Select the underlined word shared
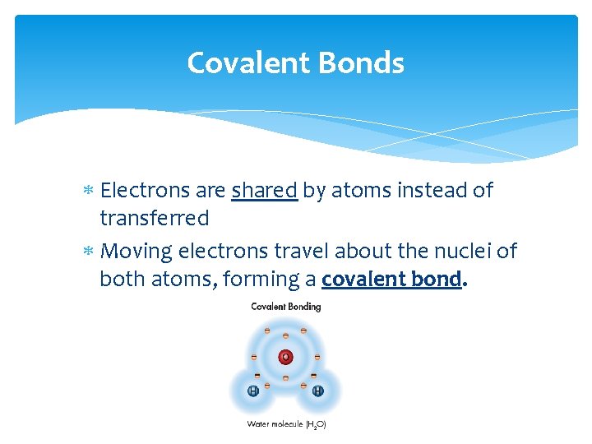[x=264, y=191]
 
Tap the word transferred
[x=154, y=219]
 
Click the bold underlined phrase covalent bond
[x=391, y=280]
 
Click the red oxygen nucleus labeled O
[x=285, y=357]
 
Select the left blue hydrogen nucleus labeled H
[x=253, y=391]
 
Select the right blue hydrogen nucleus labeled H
[x=317, y=391]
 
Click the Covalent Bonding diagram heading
[x=285, y=307]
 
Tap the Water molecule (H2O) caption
[x=286, y=424]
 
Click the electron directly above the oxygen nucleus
[x=285, y=336]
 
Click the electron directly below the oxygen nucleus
[x=285, y=378]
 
